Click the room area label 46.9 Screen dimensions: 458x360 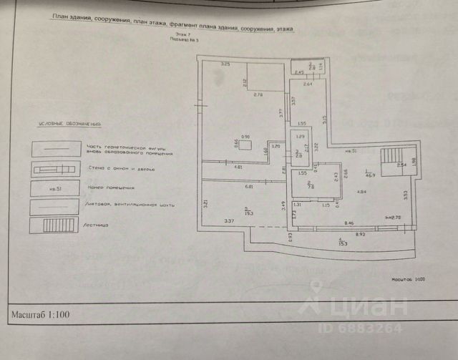[370, 173]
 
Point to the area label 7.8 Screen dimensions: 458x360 [309, 188]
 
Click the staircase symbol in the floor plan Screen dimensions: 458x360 [391, 161]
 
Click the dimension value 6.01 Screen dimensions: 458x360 [249, 187]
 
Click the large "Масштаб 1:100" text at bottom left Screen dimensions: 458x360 [40, 314]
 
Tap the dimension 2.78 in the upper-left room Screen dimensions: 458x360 [258, 94]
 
